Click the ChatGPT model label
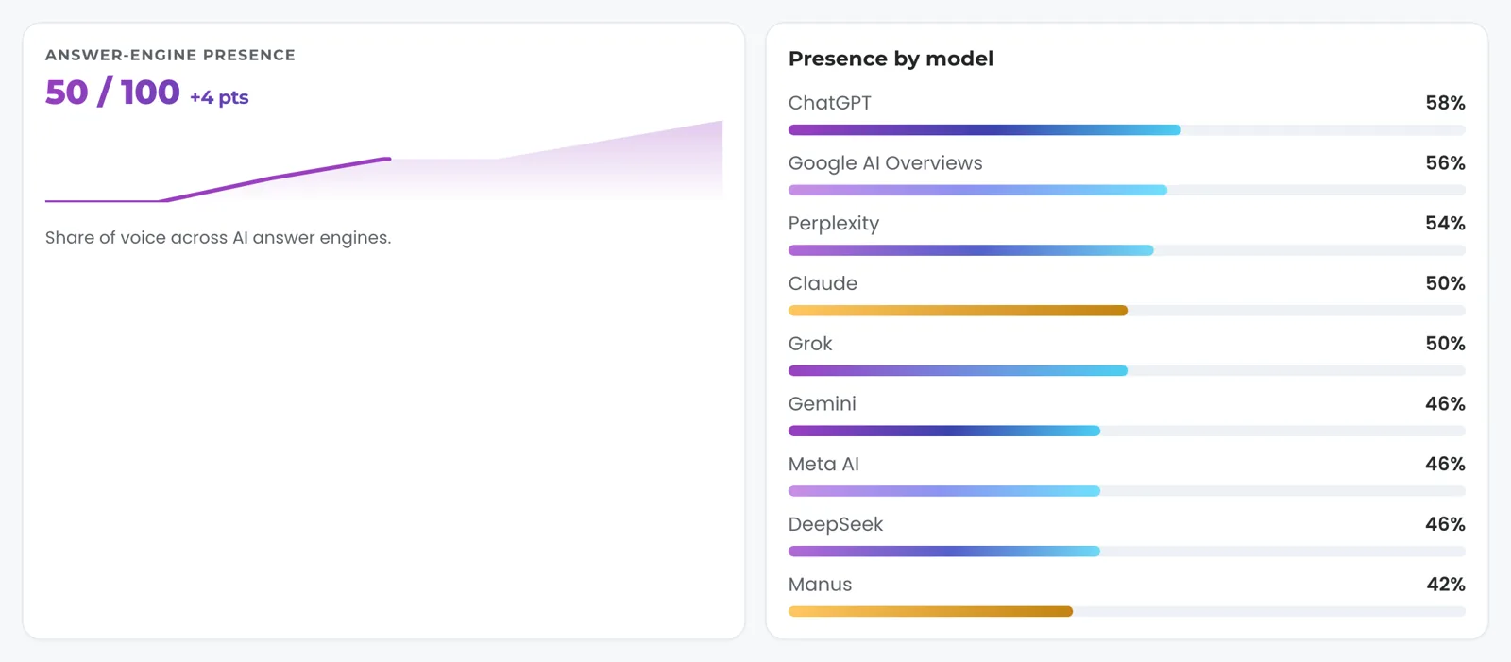830,103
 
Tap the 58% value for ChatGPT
1445,103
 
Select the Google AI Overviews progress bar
977,191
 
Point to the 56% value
1445,162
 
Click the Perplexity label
834,224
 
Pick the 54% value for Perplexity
1445,223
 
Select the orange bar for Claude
958,311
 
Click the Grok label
810,344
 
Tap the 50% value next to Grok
1445,344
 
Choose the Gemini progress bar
944,431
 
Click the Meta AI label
823,464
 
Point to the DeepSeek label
836,524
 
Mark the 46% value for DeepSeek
1445,524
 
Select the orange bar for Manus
930,611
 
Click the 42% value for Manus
1446,584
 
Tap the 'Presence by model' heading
891,59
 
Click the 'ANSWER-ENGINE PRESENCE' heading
170,55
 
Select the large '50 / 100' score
112,92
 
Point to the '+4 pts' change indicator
219,97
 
